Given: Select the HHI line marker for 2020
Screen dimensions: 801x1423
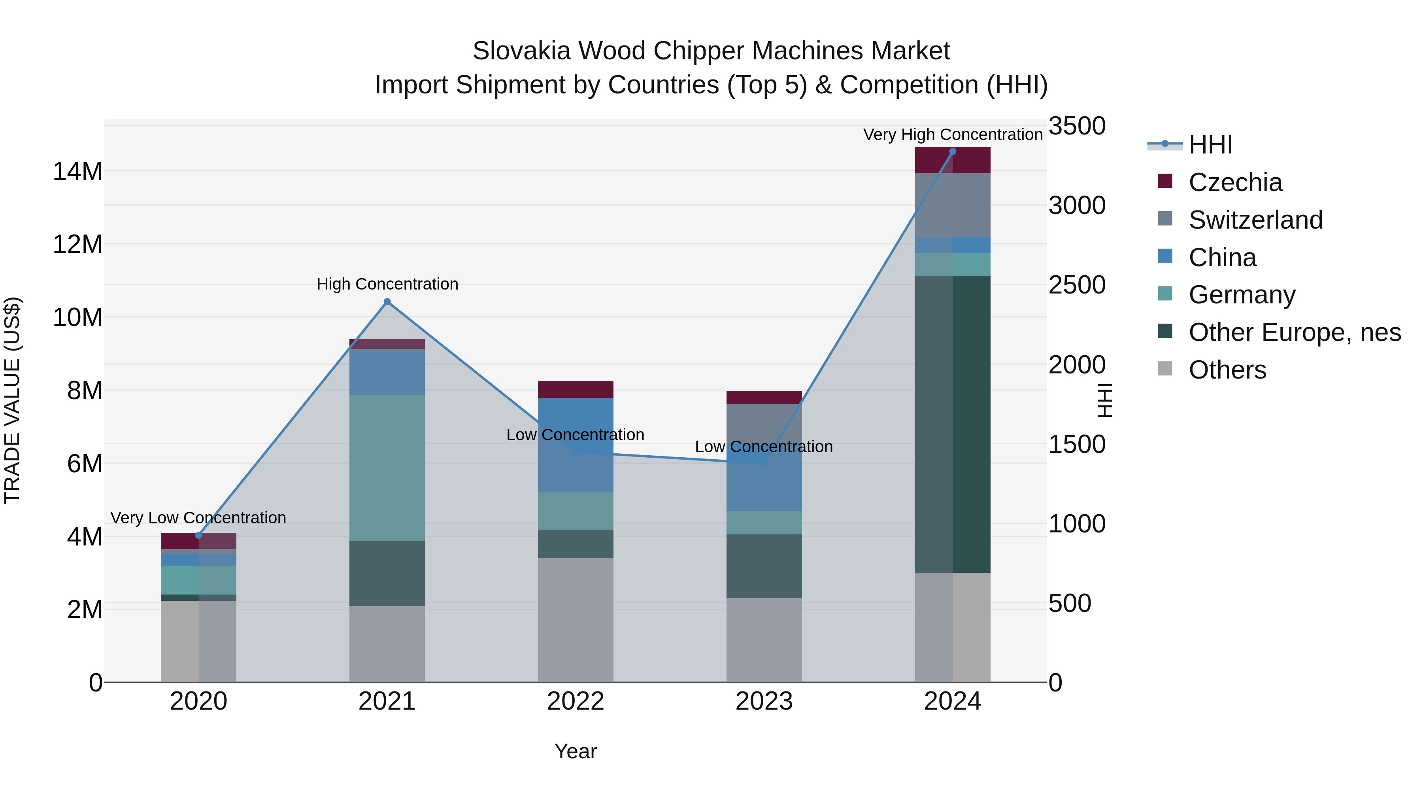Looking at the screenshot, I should point(199,535).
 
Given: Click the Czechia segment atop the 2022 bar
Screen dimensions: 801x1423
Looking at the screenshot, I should point(575,389).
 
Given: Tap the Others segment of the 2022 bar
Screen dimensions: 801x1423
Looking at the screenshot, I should point(575,619).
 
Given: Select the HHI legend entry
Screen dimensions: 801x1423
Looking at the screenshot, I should point(1210,145).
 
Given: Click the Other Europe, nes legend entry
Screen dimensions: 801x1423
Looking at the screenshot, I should point(1294,332).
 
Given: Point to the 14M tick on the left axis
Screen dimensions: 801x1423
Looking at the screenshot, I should point(77,171).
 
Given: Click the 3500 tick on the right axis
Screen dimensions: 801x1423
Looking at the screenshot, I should point(1077,126).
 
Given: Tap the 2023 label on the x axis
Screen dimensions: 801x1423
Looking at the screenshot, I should point(764,701).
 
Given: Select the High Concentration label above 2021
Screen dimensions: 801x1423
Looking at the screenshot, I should point(387,284).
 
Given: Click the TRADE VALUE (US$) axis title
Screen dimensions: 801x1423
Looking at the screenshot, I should point(12,400).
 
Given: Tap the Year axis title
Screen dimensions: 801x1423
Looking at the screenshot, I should point(575,751).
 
